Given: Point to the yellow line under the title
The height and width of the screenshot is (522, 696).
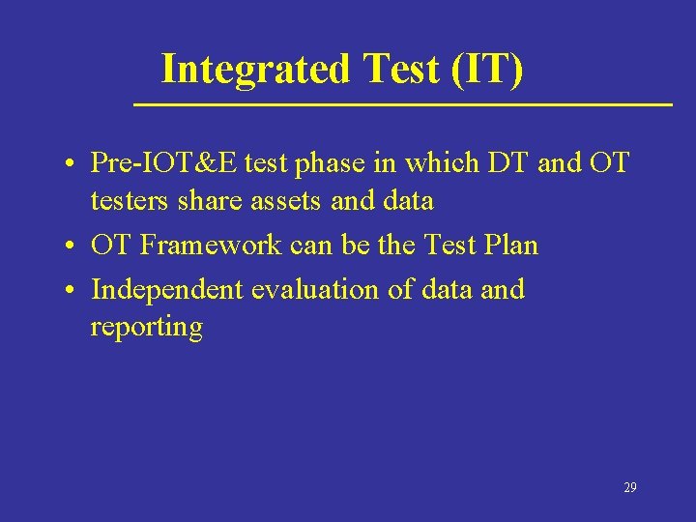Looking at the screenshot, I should click(x=401, y=103).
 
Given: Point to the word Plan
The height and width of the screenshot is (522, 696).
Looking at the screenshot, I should click(x=510, y=246).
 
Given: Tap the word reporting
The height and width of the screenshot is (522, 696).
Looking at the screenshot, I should click(x=146, y=327).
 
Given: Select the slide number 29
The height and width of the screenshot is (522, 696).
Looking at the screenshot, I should click(x=629, y=488).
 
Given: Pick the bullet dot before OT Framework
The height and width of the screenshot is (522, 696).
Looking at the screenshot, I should click(x=72, y=247).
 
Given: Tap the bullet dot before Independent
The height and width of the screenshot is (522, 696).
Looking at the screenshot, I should click(x=72, y=291).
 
